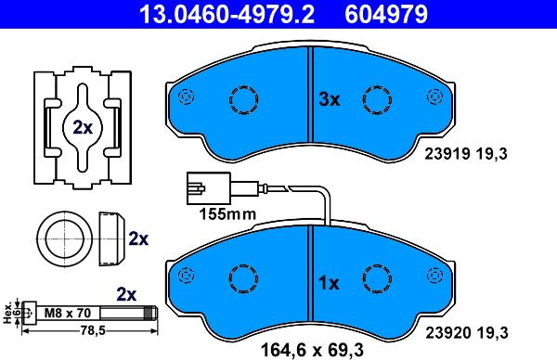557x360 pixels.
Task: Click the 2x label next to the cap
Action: (138, 239)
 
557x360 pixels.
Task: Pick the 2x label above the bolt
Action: (127, 293)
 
